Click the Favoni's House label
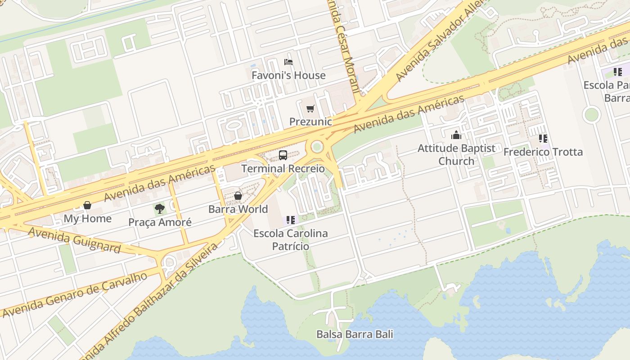pyautogui.click(x=288, y=75)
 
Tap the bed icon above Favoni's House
pyautogui.click(x=288, y=62)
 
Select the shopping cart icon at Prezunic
pyautogui.click(x=310, y=108)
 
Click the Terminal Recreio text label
pyautogui.click(x=283, y=169)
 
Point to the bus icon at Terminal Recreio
pyautogui.click(x=283, y=155)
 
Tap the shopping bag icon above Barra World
pyautogui.click(x=238, y=196)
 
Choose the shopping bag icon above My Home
pyautogui.click(x=87, y=205)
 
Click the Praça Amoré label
pyautogui.click(x=160, y=222)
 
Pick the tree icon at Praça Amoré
pyautogui.click(x=159, y=208)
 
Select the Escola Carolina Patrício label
pyautogui.click(x=290, y=240)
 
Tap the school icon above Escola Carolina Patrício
pyautogui.click(x=291, y=220)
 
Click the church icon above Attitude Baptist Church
pyautogui.click(x=456, y=135)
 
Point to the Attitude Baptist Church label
pyautogui.click(x=456, y=154)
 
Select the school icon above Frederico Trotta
pyautogui.click(x=543, y=139)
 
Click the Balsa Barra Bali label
pyautogui.click(x=355, y=334)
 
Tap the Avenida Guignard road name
pyautogui.click(x=74, y=240)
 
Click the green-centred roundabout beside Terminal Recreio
pyautogui.click(x=317, y=147)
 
